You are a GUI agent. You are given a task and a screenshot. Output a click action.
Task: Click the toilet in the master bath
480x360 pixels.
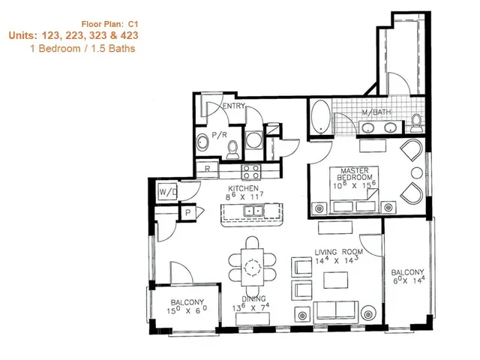[x=416, y=122]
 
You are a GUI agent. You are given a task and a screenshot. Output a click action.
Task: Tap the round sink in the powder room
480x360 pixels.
[x=202, y=142]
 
